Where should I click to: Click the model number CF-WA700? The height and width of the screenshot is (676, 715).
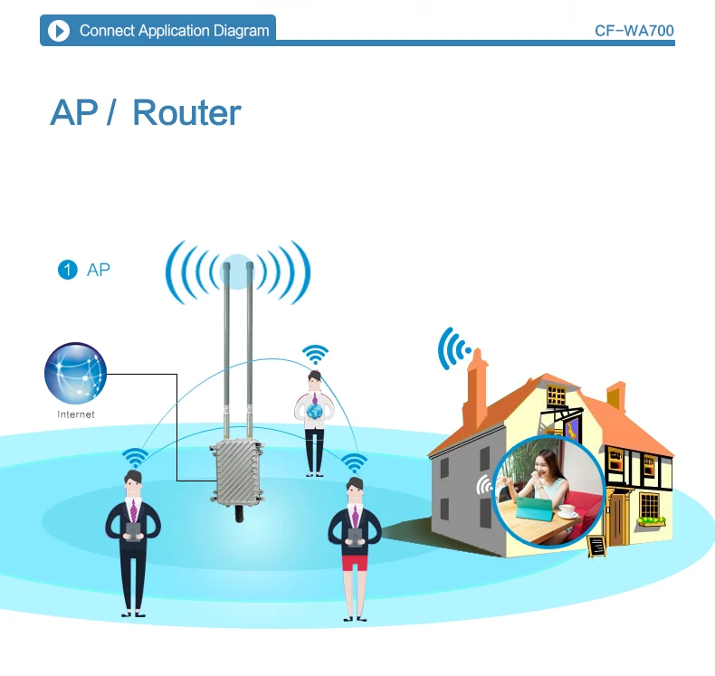tap(634, 31)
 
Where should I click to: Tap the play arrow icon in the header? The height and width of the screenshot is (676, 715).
tap(59, 31)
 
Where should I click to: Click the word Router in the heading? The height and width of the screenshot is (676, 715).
tap(186, 113)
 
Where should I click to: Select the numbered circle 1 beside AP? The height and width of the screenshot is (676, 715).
tap(67, 270)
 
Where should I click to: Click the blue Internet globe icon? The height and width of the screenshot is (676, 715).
tap(75, 374)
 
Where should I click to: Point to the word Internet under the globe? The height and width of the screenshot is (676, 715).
tap(75, 414)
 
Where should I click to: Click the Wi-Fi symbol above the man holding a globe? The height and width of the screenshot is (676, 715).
tap(315, 354)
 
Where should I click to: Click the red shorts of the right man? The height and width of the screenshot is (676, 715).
tap(354, 561)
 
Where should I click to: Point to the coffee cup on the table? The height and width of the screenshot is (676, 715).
tap(567, 509)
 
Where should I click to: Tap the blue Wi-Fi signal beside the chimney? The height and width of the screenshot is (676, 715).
tap(453, 348)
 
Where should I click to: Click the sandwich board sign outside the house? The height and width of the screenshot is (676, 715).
tap(596, 546)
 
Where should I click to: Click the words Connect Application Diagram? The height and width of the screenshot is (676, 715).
tap(174, 31)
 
